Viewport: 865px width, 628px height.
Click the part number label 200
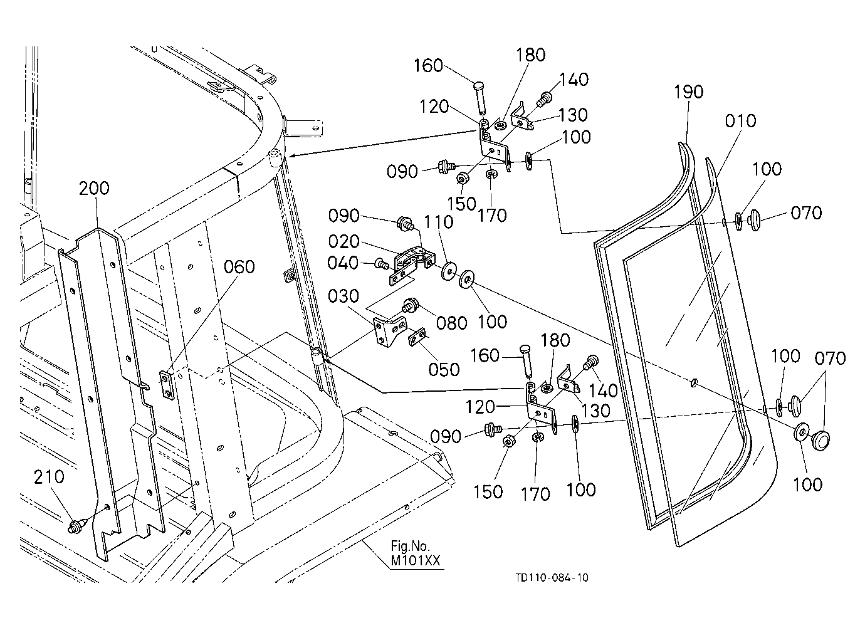(94, 189)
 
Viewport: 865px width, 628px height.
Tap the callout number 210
(49, 478)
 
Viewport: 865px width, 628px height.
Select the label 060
(239, 267)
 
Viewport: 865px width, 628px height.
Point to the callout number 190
(689, 92)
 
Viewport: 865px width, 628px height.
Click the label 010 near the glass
(740, 121)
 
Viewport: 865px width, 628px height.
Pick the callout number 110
(438, 222)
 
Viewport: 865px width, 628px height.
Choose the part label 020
(343, 241)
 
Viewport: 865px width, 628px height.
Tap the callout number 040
(343, 263)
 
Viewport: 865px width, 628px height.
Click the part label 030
(343, 296)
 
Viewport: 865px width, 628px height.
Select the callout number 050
(444, 370)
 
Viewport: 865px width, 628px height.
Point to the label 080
(452, 323)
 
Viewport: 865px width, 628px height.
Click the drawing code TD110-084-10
(552, 578)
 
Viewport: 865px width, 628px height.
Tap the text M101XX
(415, 561)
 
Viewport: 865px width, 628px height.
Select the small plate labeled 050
(417, 338)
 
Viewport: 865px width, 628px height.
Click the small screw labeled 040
(380, 264)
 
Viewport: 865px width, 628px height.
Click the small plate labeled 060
(167, 385)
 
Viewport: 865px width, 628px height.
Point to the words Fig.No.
(410, 546)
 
